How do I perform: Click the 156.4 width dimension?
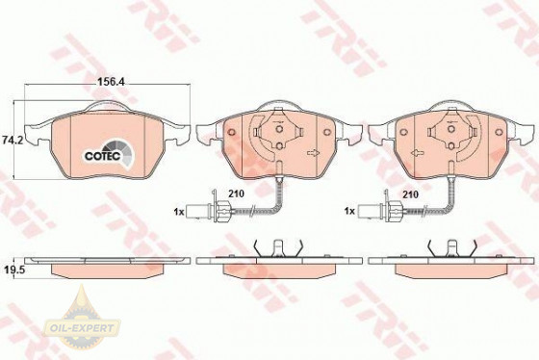click(x=111, y=82)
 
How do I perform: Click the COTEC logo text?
click(x=102, y=156)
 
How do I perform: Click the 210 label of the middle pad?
click(x=237, y=193)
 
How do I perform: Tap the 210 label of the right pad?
click(x=410, y=194)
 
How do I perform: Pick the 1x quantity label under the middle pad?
click(x=179, y=212)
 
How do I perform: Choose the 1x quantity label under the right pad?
click(x=349, y=211)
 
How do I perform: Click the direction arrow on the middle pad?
click(x=313, y=153)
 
